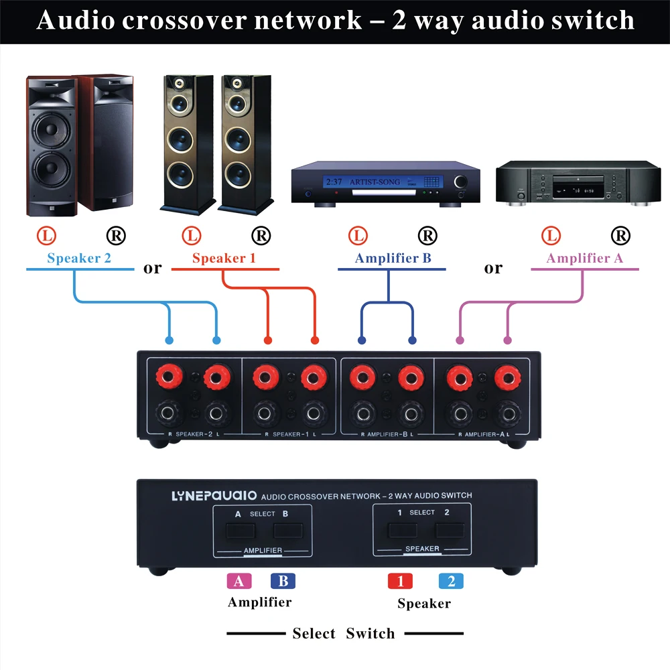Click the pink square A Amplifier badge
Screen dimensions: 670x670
pyautogui.click(x=239, y=581)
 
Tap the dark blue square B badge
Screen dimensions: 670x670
pyautogui.click(x=283, y=581)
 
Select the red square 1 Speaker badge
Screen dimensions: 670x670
pyautogui.click(x=400, y=581)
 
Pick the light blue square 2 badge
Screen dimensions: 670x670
pyautogui.click(x=451, y=581)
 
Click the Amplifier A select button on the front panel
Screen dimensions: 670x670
pyautogui.click(x=240, y=531)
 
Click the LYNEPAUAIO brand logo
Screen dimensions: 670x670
pyautogui.click(x=204, y=496)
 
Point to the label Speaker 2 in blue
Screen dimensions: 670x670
pyautogui.click(x=79, y=258)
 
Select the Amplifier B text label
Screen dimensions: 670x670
pyautogui.click(x=393, y=258)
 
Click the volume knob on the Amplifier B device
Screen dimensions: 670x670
pyautogui.click(x=462, y=182)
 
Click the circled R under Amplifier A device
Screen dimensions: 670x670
pyautogui.click(x=621, y=235)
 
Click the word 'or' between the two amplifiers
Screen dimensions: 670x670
pyautogui.click(x=493, y=268)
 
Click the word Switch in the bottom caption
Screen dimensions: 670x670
pyautogui.click(x=371, y=633)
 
